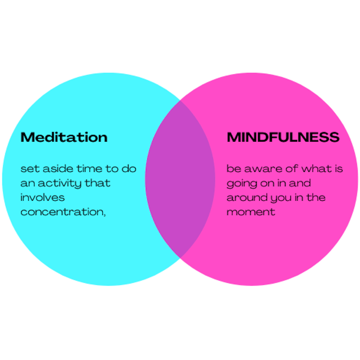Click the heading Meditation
[64, 137]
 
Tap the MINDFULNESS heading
[283, 137]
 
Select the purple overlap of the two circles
[180, 179]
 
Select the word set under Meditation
[28, 169]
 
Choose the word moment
[251, 212]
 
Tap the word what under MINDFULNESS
[315, 169]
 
